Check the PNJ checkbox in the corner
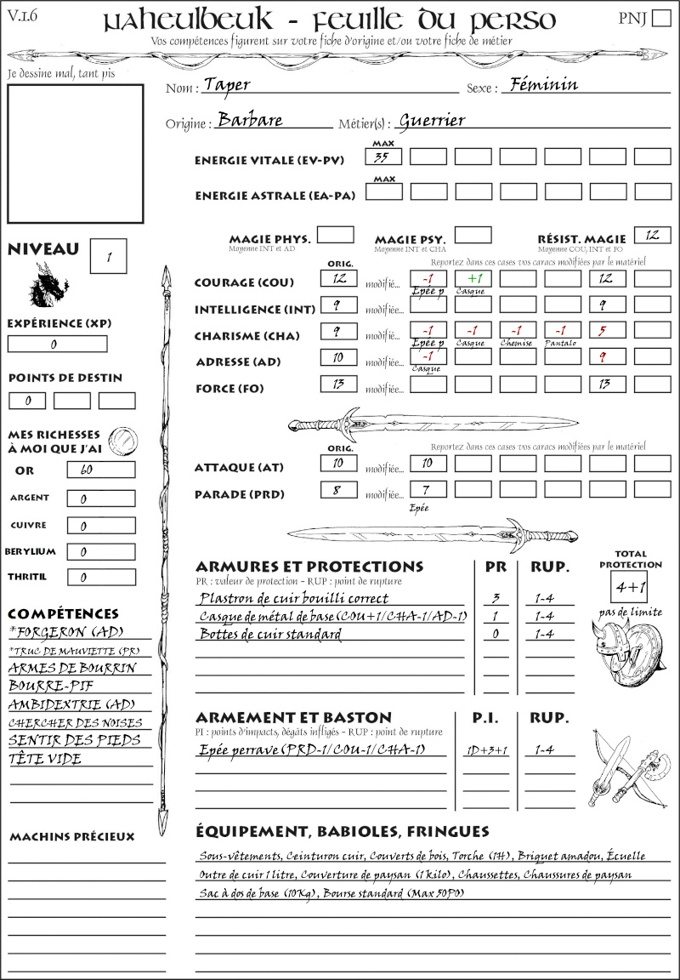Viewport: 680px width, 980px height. (660, 19)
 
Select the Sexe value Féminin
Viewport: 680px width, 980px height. (540, 84)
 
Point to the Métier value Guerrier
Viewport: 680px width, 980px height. (432, 121)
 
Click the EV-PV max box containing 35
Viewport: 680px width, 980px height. (383, 157)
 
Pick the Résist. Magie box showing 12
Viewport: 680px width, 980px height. (652, 234)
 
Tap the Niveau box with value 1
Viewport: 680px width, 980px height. (109, 256)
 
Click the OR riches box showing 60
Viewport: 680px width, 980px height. (100, 470)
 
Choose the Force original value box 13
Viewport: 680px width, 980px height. (339, 385)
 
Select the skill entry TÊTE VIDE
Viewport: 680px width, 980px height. (45, 759)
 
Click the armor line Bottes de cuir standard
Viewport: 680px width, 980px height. (269, 635)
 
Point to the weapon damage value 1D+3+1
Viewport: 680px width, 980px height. (486, 750)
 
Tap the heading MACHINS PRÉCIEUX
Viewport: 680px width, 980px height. (71, 837)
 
